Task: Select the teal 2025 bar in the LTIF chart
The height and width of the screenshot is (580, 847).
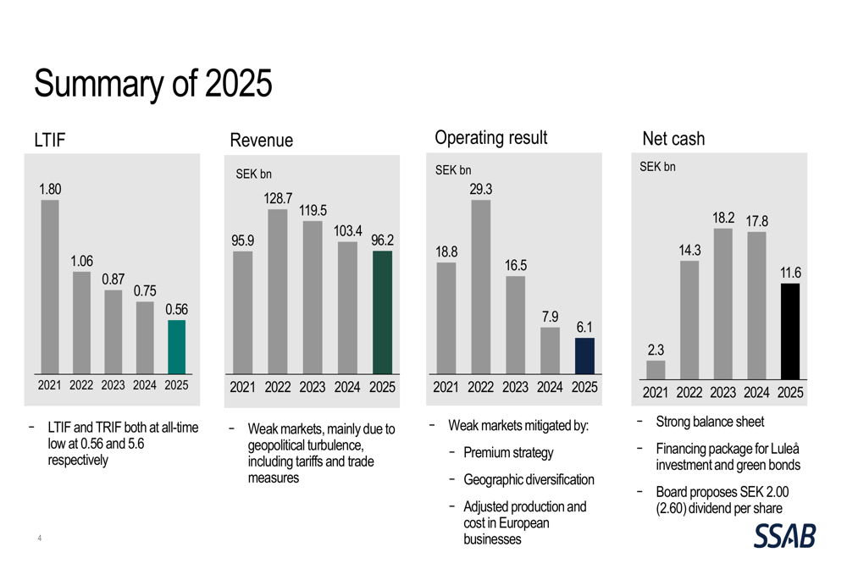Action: [176, 347]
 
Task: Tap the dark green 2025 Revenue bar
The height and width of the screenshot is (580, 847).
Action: [382, 312]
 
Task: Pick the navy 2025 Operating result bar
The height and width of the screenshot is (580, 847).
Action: [584, 356]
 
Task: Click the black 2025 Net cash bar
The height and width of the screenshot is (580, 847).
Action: [789, 331]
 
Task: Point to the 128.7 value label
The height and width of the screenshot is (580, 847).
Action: [278, 198]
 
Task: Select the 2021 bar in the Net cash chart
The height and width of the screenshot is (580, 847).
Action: [656, 369]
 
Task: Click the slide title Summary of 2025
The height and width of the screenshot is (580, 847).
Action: [153, 84]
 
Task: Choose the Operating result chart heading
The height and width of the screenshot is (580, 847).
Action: [490, 137]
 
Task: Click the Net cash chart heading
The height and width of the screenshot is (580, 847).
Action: [673, 139]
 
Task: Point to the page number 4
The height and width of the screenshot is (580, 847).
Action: [39, 538]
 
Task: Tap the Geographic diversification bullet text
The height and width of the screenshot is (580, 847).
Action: [529, 480]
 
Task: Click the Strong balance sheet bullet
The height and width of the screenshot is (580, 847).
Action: [710, 422]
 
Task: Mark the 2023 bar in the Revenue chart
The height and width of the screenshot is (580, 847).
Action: [313, 297]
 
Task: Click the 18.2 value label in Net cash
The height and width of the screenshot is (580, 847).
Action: [723, 218]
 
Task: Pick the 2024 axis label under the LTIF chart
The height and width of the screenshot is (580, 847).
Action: [145, 385]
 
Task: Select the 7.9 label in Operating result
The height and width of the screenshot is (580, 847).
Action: [551, 317]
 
